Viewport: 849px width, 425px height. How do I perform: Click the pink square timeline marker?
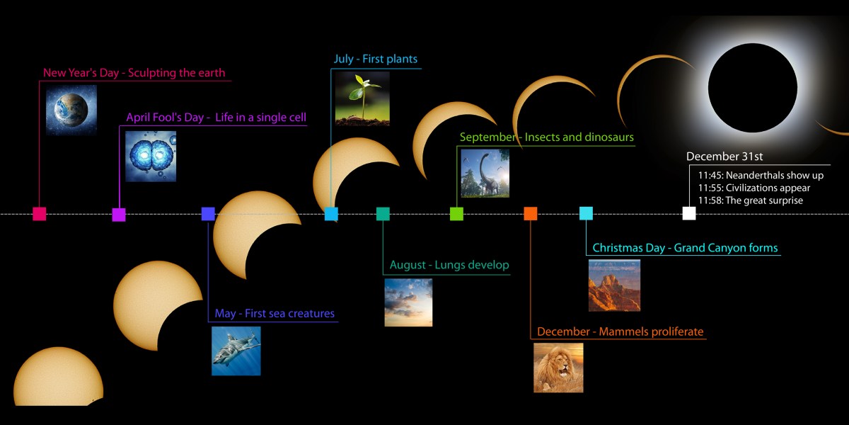click(40, 214)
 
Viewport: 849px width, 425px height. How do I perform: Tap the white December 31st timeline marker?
click(689, 213)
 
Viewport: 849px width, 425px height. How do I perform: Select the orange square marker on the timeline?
click(530, 213)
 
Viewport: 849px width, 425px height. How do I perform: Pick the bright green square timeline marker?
click(456, 214)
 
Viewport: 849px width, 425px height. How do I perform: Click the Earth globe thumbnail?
click(71, 110)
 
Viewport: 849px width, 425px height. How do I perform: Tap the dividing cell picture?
click(151, 157)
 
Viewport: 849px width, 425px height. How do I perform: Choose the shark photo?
click(236, 351)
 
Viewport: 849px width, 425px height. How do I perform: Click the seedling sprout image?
click(362, 98)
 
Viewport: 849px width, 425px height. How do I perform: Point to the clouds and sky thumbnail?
click(408, 302)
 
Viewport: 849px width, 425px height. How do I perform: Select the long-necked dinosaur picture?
click(485, 174)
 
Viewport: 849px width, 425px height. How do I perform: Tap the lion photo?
click(558, 368)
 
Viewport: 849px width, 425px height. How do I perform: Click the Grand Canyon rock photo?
click(614, 285)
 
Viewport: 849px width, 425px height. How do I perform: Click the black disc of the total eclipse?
click(753, 88)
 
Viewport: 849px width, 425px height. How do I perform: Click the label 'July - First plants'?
click(375, 59)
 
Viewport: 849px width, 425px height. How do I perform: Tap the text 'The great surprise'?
click(764, 200)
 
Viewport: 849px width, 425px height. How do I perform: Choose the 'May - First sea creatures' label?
click(275, 313)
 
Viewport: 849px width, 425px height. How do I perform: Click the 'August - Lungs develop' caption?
click(449, 265)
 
